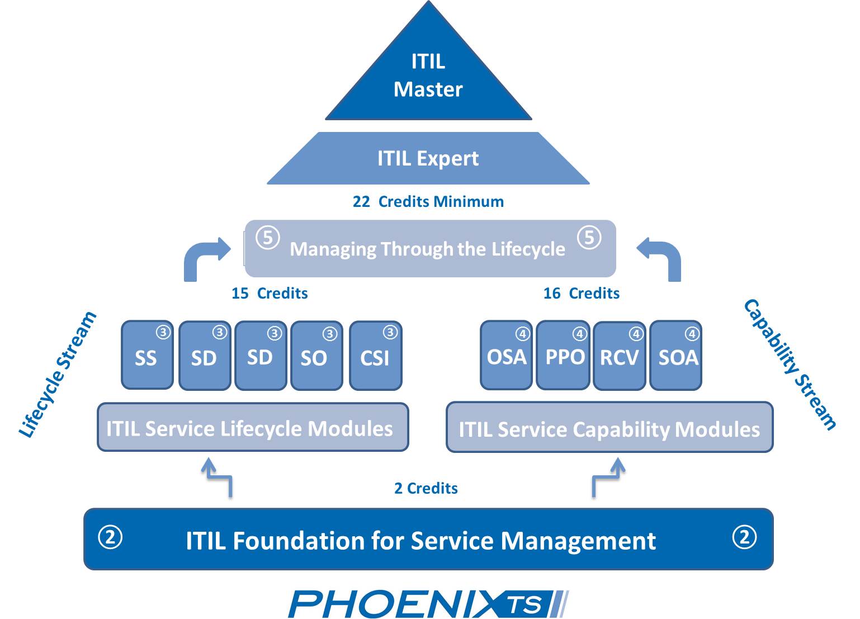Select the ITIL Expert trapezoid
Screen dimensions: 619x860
[428, 158]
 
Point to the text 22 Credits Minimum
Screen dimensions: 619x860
[428, 201]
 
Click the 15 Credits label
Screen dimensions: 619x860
[270, 293]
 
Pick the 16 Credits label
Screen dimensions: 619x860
[582, 293]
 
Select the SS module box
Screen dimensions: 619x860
[147, 356]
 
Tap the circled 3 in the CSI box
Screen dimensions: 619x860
[390, 332]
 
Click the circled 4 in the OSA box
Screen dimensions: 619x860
[522, 334]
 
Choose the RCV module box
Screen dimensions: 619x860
[619, 356]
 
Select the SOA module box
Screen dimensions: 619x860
[676, 356]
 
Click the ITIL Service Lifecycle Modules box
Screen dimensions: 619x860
[253, 428]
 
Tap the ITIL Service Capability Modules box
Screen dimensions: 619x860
[609, 428]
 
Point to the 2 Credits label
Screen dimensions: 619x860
[426, 488]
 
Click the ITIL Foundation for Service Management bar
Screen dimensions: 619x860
[428, 540]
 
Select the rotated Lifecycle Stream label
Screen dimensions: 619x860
[58, 375]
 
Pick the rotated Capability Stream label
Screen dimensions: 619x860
[790, 365]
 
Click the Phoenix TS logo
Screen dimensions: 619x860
[428, 604]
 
